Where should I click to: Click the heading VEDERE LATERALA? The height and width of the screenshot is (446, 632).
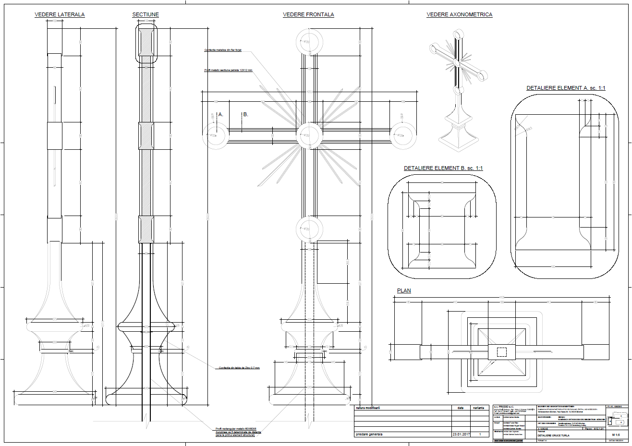[x=60, y=15]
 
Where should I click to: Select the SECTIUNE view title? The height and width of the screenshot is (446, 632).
[x=146, y=15]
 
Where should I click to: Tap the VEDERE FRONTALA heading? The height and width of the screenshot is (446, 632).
[x=308, y=15]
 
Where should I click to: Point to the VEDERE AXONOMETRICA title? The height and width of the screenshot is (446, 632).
[x=459, y=15]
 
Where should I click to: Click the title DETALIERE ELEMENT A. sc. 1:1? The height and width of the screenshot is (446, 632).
[x=566, y=88]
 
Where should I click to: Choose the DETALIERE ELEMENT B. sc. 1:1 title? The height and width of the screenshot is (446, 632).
[x=443, y=169]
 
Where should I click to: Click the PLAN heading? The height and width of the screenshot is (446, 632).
[x=404, y=290]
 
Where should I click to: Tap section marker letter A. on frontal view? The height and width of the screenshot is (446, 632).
[x=221, y=115]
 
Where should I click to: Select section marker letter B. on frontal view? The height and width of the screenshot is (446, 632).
[x=245, y=115]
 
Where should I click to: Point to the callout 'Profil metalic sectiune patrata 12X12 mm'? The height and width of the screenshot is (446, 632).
[x=228, y=71]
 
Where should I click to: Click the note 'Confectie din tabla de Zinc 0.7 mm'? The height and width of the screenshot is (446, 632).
[x=239, y=368]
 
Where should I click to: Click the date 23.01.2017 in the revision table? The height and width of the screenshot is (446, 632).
[x=461, y=434]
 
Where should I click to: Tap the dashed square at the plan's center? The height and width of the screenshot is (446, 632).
[x=501, y=352]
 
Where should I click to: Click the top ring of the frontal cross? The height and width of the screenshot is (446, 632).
[x=308, y=41]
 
